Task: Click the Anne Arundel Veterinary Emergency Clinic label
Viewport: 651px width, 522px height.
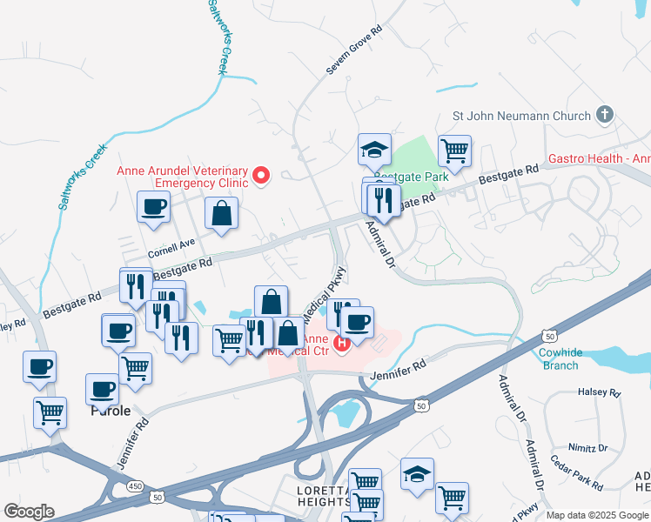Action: pyautogui.click(x=183, y=177)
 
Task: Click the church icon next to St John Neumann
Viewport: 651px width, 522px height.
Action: pyautogui.click(x=605, y=115)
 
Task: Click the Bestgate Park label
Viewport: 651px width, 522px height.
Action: pyautogui.click(x=419, y=177)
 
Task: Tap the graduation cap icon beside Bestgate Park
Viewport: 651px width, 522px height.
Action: pyautogui.click(x=374, y=150)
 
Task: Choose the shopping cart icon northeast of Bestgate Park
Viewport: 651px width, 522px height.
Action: pyautogui.click(x=454, y=151)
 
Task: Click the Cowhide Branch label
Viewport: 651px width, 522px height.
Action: pyautogui.click(x=559, y=359)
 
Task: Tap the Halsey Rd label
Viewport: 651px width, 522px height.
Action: pyautogui.click(x=601, y=393)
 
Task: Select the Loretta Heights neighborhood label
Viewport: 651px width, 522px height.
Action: pyautogui.click(x=323, y=498)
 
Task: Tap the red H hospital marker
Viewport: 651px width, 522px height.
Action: pyautogui.click(x=341, y=342)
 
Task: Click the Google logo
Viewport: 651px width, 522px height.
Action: pyautogui.click(x=29, y=512)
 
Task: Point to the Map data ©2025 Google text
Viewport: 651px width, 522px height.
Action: pyautogui.click(x=597, y=515)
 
